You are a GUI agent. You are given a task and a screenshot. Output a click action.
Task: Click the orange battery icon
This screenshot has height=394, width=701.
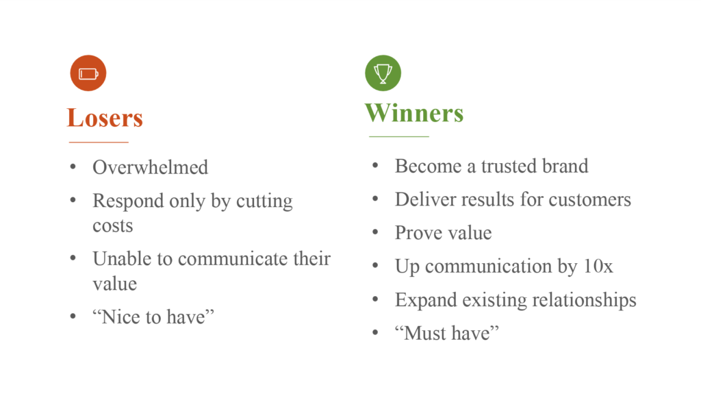coord(88,73)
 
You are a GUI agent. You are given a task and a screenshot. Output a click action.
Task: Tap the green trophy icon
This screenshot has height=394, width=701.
coord(383,73)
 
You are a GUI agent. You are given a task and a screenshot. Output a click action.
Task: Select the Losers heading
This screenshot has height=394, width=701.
coord(105,118)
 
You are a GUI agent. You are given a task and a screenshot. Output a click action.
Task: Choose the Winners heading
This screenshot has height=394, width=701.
coord(414,113)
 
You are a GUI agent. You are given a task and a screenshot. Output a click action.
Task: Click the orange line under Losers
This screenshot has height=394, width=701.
coord(99,143)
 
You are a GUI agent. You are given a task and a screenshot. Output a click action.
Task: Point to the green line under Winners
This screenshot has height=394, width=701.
coord(399,136)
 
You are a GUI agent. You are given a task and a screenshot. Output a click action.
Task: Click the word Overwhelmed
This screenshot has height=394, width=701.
coord(150,167)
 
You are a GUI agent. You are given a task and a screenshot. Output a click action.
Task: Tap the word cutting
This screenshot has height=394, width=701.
coord(264,201)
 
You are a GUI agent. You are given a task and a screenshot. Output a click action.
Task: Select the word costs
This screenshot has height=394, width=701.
coord(113,225)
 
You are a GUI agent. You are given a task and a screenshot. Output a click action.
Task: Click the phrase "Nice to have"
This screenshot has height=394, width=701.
coord(153,317)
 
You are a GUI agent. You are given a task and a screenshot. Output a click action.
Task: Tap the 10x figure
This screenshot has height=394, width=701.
coord(598,267)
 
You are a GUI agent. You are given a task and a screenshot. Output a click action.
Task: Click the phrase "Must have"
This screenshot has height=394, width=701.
coord(447,333)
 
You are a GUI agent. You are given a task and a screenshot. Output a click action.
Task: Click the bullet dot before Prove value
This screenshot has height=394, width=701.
coord(375,232)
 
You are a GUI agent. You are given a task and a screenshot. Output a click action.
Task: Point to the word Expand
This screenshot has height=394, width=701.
coord(426,300)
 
